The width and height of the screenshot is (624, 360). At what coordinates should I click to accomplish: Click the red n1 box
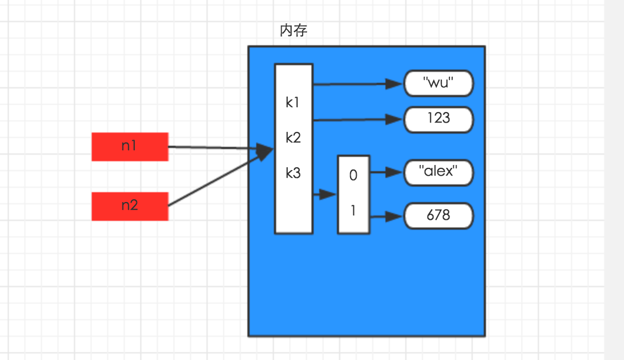pyautogui.click(x=130, y=147)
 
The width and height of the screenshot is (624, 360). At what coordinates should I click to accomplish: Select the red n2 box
pyautogui.click(x=130, y=207)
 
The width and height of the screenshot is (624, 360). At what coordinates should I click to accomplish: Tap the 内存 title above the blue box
pyautogui.click(x=293, y=31)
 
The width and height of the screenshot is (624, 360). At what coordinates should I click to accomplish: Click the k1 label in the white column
pyautogui.click(x=293, y=103)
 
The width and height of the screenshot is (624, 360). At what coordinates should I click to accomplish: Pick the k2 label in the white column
pyautogui.click(x=293, y=137)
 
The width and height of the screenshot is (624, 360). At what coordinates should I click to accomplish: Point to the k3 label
pyautogui.click(x=293, y=173)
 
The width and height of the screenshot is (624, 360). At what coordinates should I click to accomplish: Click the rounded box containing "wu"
pyautogui.click(x=438, y=84)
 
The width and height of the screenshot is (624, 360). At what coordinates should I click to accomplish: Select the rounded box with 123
pyautogui.click(x=438, y=119)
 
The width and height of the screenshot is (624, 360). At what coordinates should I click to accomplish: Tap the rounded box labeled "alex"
pyautogui.click(x=438, y=172)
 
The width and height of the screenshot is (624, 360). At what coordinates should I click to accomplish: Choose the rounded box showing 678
pyautogui.click(x=438, y=216)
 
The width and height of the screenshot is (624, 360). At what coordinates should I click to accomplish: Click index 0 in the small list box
pyautogui.click(x=353, y=176)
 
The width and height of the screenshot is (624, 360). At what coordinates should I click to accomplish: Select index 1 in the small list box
pyautogui.click(x=353, y=210)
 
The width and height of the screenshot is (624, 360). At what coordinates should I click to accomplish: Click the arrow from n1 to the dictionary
pyautogui.click(x=215, y=147)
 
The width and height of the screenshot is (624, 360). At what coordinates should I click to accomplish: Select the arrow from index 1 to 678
pyautogui.click(x=385, y=217)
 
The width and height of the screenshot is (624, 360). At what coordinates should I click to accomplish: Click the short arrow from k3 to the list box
pyautogui.click(x=325, y=194)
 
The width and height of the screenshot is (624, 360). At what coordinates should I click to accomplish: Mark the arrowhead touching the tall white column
pyautogui.click(x=267, y=150)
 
